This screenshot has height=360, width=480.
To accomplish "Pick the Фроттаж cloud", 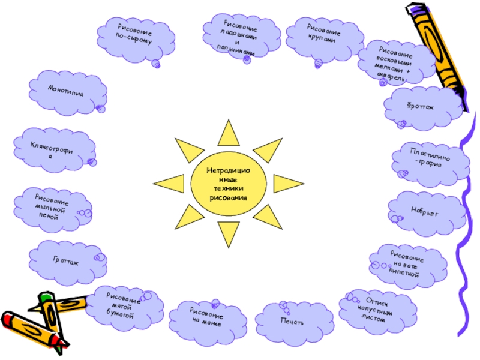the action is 424,106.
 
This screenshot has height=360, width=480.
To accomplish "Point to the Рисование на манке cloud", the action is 208,319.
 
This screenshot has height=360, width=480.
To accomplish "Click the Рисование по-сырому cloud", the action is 137,37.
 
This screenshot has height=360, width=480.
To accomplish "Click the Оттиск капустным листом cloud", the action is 377,310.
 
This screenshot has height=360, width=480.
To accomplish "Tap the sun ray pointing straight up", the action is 228,132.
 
